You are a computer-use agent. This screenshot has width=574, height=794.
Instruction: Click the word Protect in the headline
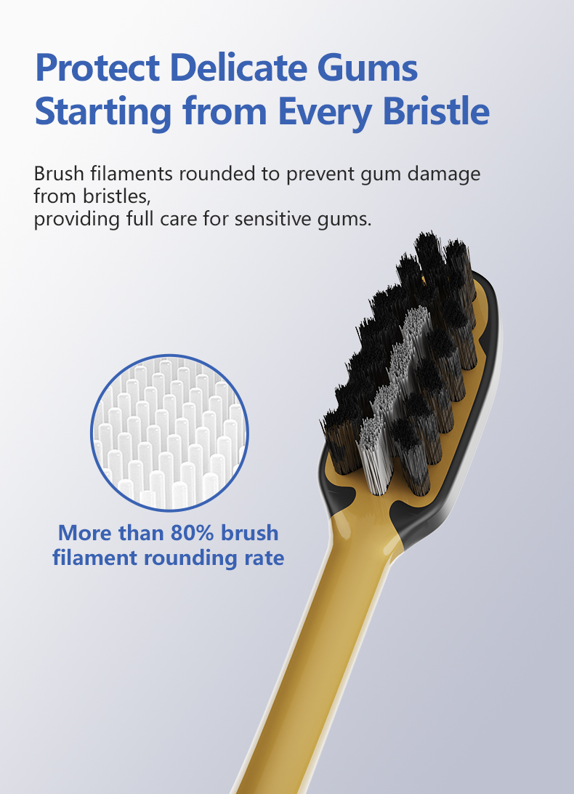[97, 68]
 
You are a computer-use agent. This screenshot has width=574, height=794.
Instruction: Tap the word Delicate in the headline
[238, 68]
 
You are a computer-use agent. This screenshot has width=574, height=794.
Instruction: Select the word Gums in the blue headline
[368, 68]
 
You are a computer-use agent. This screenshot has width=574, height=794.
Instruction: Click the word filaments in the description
[132, 174]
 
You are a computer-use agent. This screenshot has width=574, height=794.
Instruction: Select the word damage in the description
[444, 175]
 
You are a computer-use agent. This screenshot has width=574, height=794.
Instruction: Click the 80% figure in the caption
[193, 533]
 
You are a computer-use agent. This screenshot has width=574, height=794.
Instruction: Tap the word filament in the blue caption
[95, 558]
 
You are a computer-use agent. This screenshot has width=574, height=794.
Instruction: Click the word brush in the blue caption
[250, 533]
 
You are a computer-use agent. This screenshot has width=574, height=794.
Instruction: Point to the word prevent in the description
[320, 175]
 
